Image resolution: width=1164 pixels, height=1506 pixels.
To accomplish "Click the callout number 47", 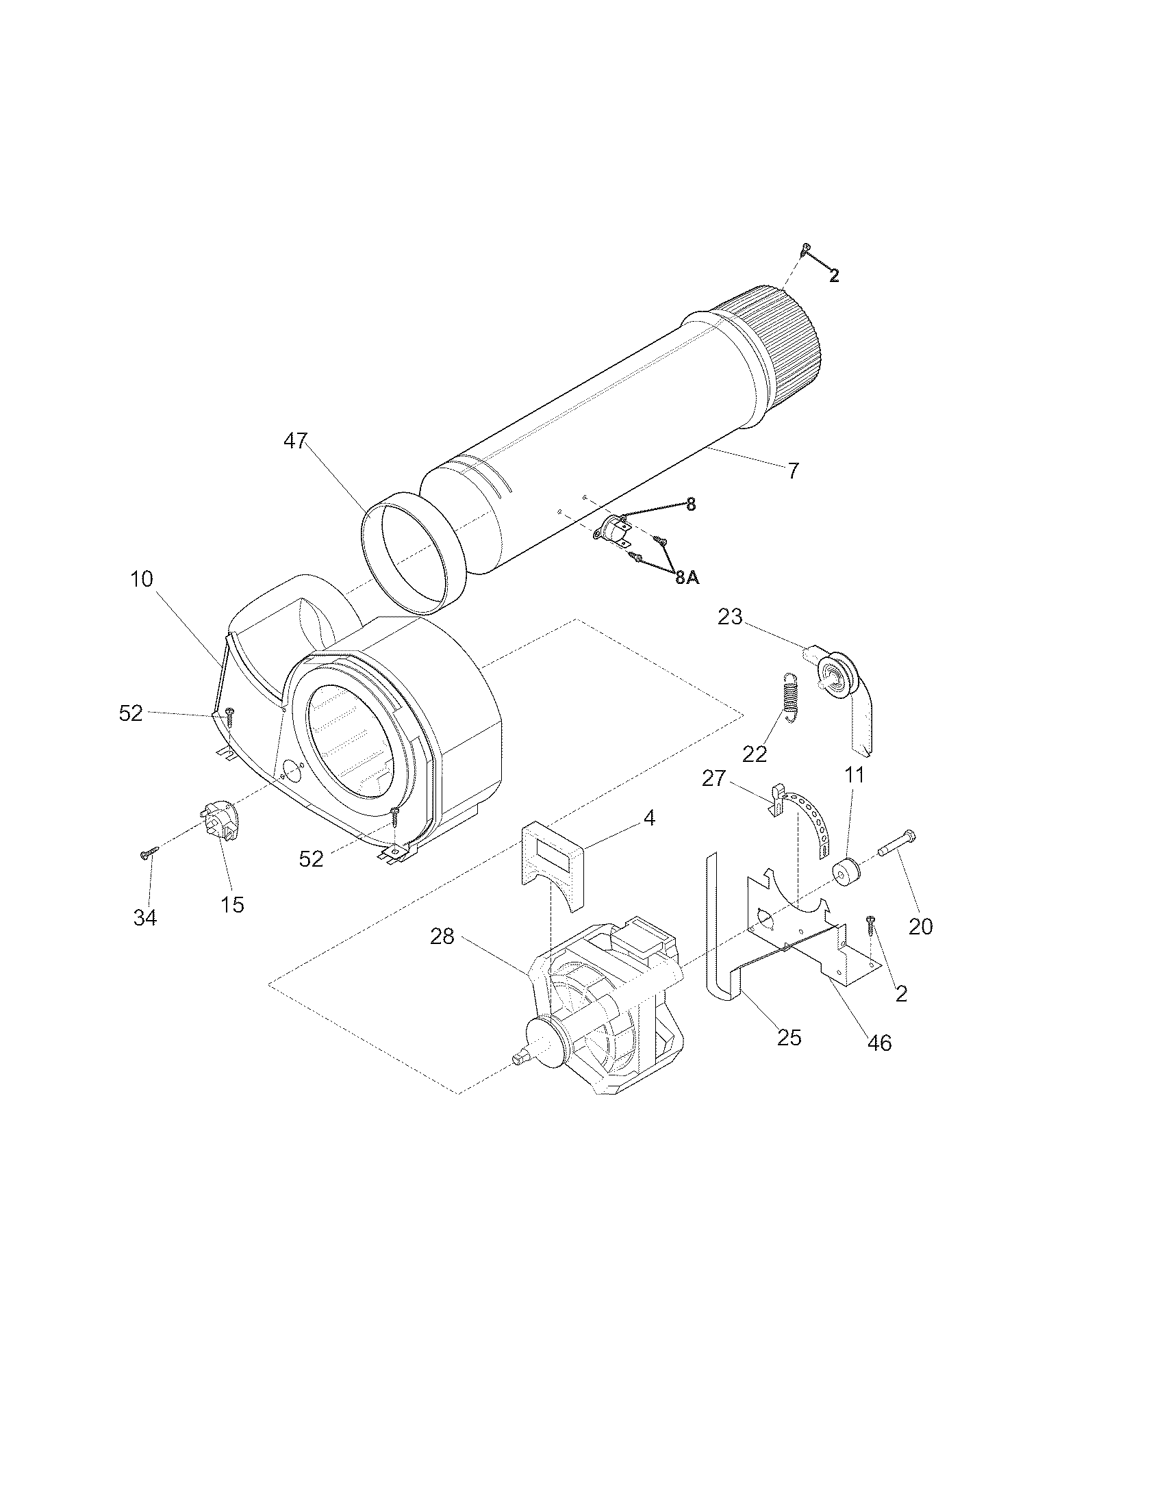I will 295,441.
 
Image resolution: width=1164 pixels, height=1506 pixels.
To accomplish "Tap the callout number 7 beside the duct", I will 793,471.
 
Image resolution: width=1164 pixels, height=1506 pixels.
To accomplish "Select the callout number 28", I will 442,936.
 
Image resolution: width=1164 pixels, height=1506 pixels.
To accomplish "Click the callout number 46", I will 879,1043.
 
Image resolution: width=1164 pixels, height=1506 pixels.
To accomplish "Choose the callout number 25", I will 789,1037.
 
